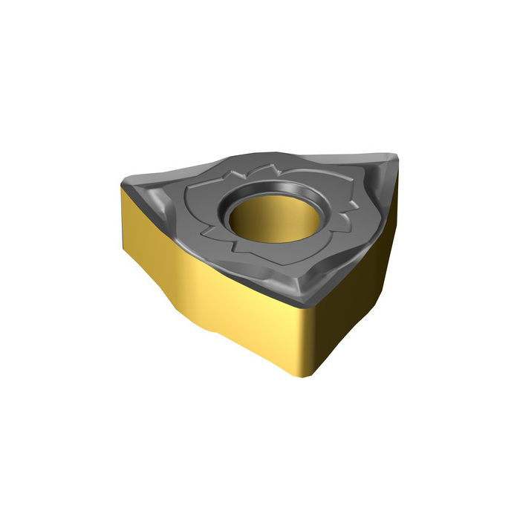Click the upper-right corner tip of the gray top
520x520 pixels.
click(x=394, y=157)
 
